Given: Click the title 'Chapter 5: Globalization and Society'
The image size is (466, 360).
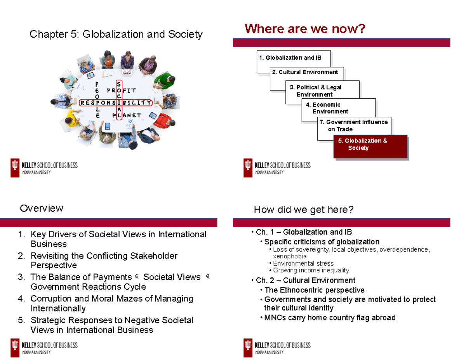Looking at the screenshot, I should [x=116, y=35].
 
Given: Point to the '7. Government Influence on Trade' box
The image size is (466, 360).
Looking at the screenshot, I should [x=354, y=125].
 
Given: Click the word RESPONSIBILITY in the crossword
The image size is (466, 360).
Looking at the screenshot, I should [x=116, y=103].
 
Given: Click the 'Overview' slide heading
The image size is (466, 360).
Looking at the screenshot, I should [x=42, y=209].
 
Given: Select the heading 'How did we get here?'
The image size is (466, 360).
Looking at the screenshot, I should [x=304, y=210].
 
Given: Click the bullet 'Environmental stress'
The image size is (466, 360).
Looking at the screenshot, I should [x=303, y=263].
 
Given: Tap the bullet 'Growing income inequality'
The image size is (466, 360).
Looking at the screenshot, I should [x=311, y=270].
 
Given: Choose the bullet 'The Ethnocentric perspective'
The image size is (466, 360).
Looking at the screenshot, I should [x=315, y=290].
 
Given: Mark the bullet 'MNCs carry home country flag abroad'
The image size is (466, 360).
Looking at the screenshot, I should [x=330, y=318].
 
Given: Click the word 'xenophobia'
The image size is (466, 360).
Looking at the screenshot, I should [x=290, y=256].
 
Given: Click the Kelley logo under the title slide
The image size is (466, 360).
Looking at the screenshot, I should [x=44, y=167].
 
